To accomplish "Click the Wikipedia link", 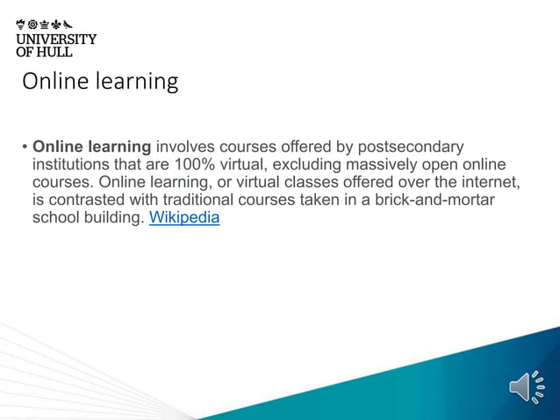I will coord(184,218).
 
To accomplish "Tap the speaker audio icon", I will coord(526,387).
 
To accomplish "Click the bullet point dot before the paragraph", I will coord(25,147).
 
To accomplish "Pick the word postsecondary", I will coord(410,146).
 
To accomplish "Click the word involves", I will coord(185,146).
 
